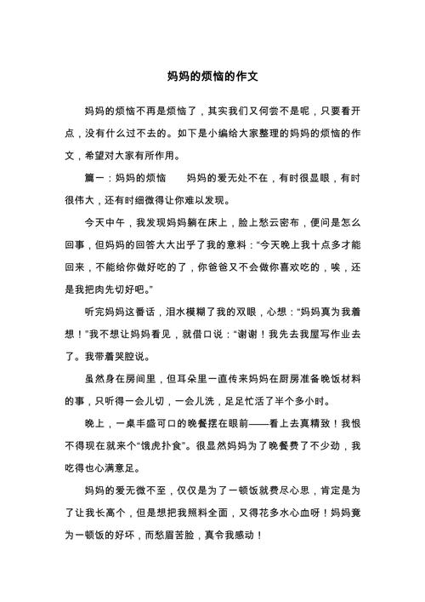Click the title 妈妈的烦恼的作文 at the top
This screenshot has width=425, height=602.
pyautogui.click(x=212, y=76)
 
